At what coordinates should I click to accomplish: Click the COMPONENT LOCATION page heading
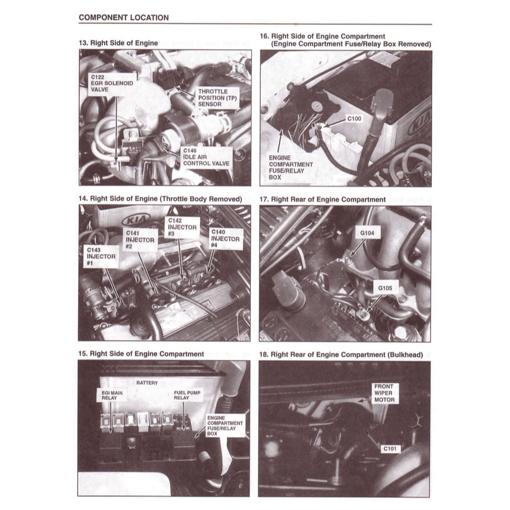pos(123,17)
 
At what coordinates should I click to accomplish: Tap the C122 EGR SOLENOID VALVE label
pos(111,84)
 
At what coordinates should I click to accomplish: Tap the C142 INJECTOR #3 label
pos(183,227)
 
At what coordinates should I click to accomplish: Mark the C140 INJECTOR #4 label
pos(224,239)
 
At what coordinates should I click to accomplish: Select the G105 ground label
pos(385,288)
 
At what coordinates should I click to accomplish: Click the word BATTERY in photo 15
pos(147,383)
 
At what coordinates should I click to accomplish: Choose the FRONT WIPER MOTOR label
pos(384,393)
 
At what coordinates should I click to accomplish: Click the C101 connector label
pos(391,448)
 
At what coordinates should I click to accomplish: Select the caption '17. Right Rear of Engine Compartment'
pos(329,199)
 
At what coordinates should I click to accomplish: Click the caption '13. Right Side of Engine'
pos(118,43)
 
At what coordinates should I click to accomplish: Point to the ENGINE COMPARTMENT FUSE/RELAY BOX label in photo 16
pos(291,169)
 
